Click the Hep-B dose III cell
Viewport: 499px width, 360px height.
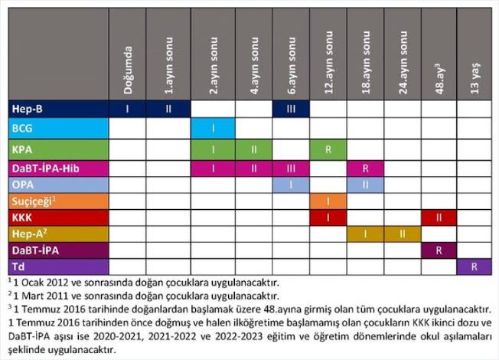click(x=291, y=110)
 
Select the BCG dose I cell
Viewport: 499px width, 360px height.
click(x=211, y=127)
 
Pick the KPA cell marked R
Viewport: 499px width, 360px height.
click(x=328, y=147)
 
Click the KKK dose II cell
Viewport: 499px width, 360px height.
click(x=438, y=218)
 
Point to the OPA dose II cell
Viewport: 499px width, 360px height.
click(x=364, y=184)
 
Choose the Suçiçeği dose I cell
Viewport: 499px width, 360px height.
click(x=328, y=201)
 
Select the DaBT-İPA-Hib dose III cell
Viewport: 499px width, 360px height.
click(x=291, y=166)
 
